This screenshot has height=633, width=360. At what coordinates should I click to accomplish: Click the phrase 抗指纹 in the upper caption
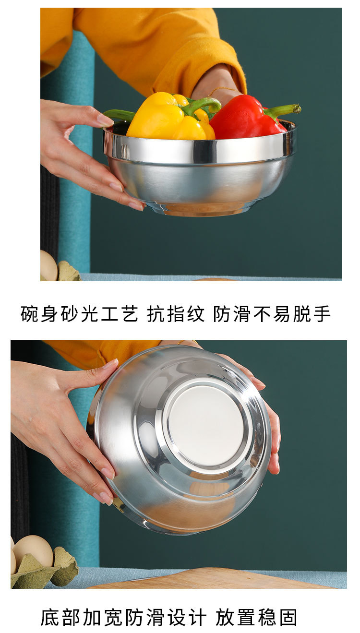click(x=176, y=314)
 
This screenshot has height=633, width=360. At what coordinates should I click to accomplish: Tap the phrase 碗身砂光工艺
click(x=79, y=314)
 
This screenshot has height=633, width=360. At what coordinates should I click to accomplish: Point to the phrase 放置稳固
click(x=256, y=617)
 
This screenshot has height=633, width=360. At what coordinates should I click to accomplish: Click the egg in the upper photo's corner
click(x=48, y=267)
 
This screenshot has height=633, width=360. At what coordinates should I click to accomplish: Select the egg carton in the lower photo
click(x=46, y=571)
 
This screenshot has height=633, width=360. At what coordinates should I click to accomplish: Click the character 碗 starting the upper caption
click(x=29, y=314)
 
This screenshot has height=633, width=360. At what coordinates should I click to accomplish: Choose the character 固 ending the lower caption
click(x=289, y=617)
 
